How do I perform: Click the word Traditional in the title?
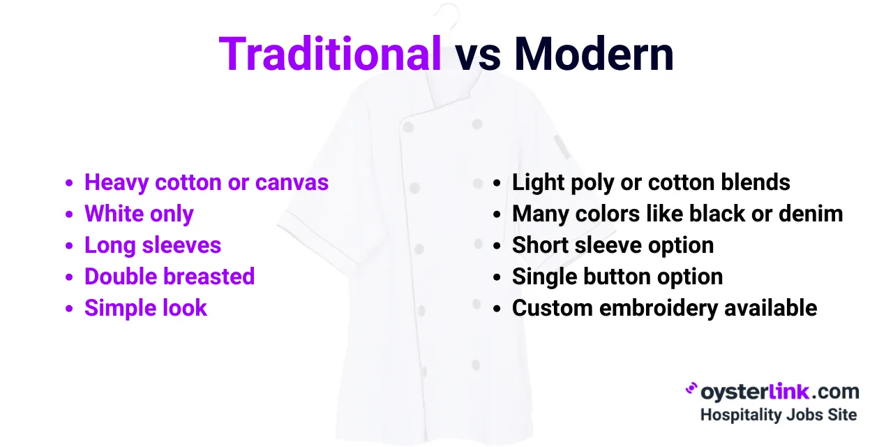coord(330,54)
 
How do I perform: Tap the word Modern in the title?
coord(594,54)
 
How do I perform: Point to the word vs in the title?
coord(478,56)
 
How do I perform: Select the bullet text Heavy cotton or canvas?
coord(206,183)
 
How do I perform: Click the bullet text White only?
coord(139,214)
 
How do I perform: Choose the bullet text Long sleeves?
coord(153,245)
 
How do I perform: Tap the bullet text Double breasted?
coord(170,277)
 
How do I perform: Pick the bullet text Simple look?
coord(146,308)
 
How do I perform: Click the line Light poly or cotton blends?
coord(651,183)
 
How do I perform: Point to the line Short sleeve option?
coord(613,245)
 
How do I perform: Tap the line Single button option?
coord(617,277)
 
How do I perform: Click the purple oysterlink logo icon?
coord(691,388)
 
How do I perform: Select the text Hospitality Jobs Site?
coord(778,415)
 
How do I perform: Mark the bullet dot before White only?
coord(69,215)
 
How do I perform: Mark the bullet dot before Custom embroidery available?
coord(497,309)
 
